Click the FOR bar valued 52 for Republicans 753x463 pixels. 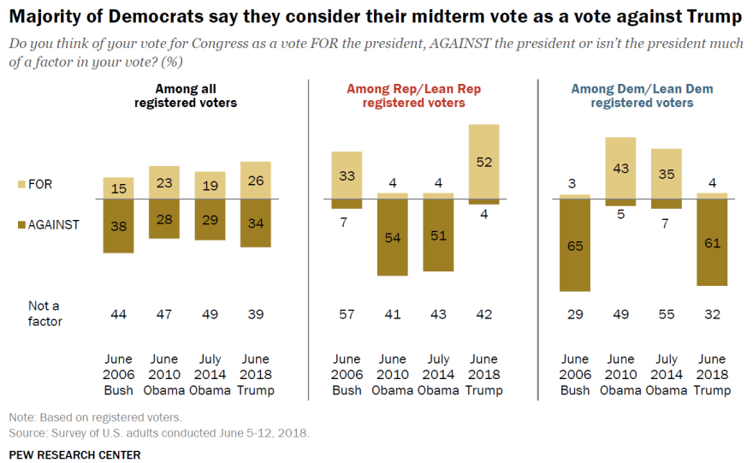[x=484, y=162]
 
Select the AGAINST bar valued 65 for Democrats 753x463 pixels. [x=575, y=245]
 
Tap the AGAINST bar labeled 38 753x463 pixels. [x=119, y=226]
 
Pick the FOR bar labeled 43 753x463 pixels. [x=621, y=169]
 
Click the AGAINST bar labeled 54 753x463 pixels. [x=393, y=237]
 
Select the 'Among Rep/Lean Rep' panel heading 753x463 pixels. [x=414, y=95]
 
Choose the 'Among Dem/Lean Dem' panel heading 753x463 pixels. [x=642, y=95]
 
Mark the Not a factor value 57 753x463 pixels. [x=347, y=314]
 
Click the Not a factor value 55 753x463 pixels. [x=667, y=314]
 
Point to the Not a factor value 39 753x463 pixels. [x=256, y=314]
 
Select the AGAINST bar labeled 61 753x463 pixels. [x=712, y=242]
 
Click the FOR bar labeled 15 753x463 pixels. [x=119, y=188]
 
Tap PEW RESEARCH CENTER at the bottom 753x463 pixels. [x=74, y=454]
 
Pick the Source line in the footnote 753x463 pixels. [x=159, y=433]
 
